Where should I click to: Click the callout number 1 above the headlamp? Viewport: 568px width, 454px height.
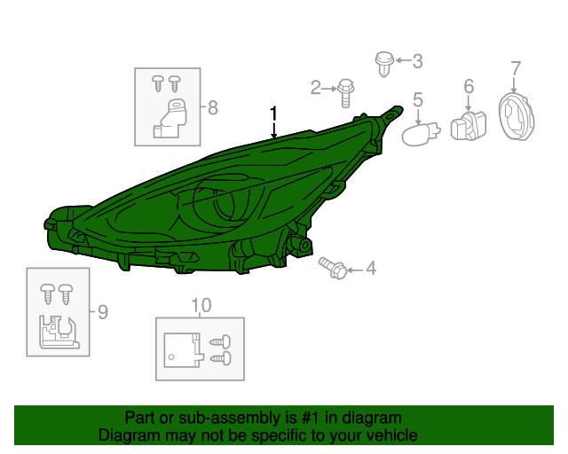(x=273, y=114)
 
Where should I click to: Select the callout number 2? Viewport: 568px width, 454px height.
(x=316, y=88)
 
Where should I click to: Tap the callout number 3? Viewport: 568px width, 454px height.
(x=418, y=61)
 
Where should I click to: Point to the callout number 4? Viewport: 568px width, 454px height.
(x=371, y=269)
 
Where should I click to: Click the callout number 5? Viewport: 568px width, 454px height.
(x=418, y=99)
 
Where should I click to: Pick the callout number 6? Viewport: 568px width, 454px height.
(x=469, y=87)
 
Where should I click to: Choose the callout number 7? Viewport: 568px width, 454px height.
(x=516, y=68)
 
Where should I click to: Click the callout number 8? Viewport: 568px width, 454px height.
(x=213, y=108)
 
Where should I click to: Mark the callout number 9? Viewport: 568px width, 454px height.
(x=103, y=312)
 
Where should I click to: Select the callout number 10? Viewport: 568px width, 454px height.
(x=201, y=305)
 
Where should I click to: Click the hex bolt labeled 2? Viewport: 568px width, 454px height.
(x=345, y=93)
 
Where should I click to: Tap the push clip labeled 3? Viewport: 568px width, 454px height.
(x=384, y=65)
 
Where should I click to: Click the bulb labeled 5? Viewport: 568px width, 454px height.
(x=421, y=134)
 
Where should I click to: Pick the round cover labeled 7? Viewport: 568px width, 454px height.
(x=516, y=116)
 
